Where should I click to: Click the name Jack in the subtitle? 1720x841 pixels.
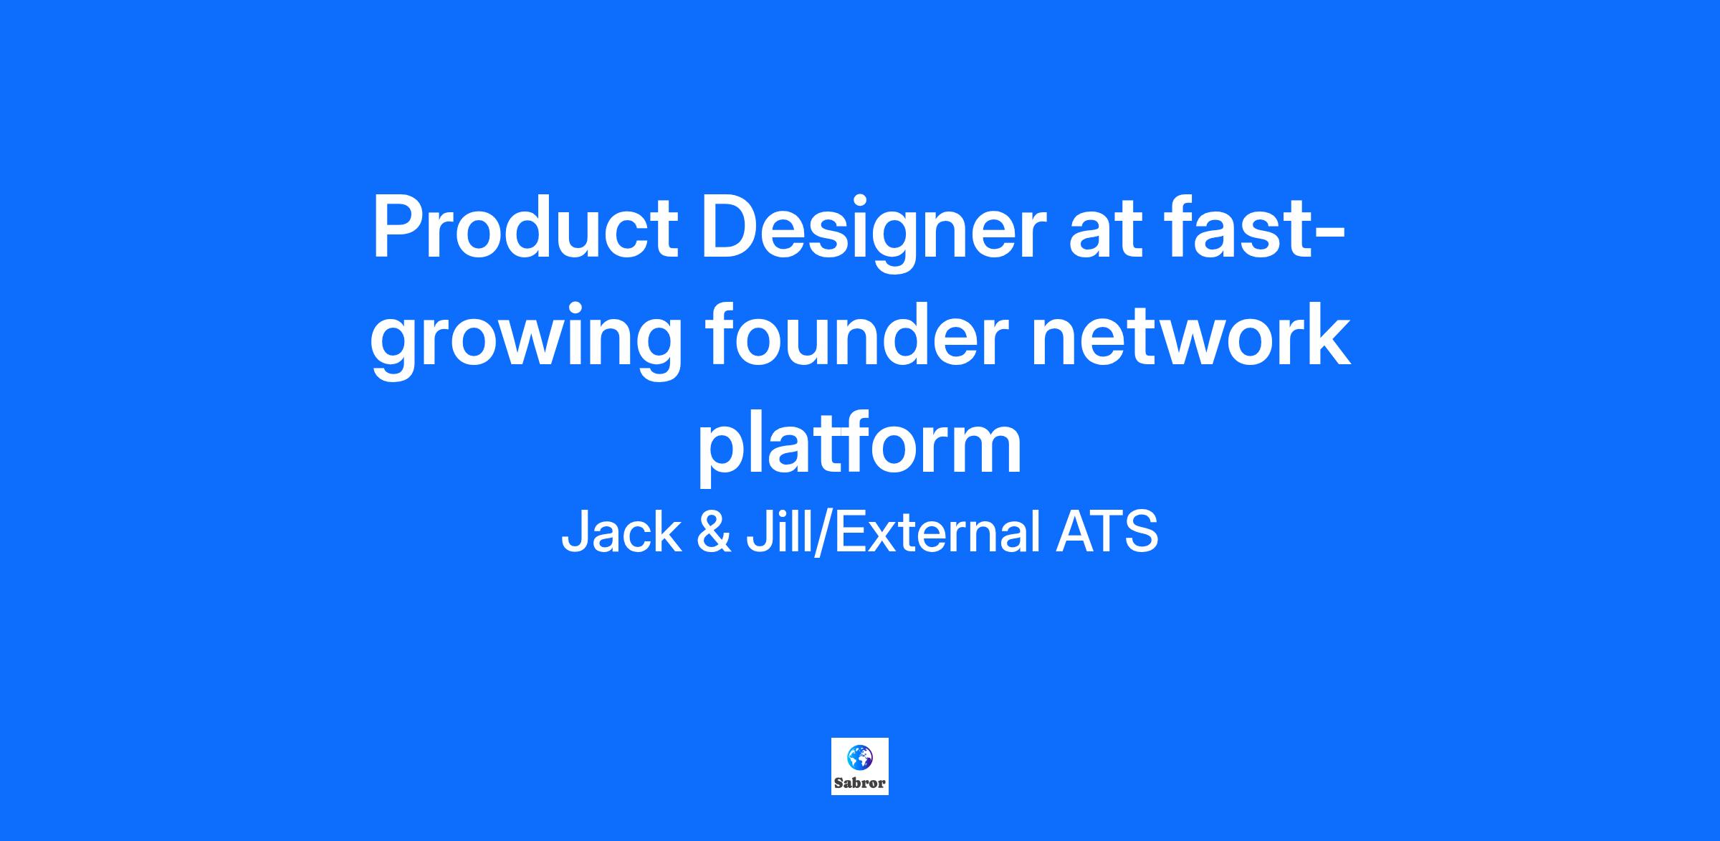621,532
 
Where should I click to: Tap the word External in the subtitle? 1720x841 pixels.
937,532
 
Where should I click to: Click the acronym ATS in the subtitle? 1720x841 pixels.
1107,532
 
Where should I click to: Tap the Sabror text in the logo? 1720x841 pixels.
860,783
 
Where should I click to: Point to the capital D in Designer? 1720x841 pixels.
730,227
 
